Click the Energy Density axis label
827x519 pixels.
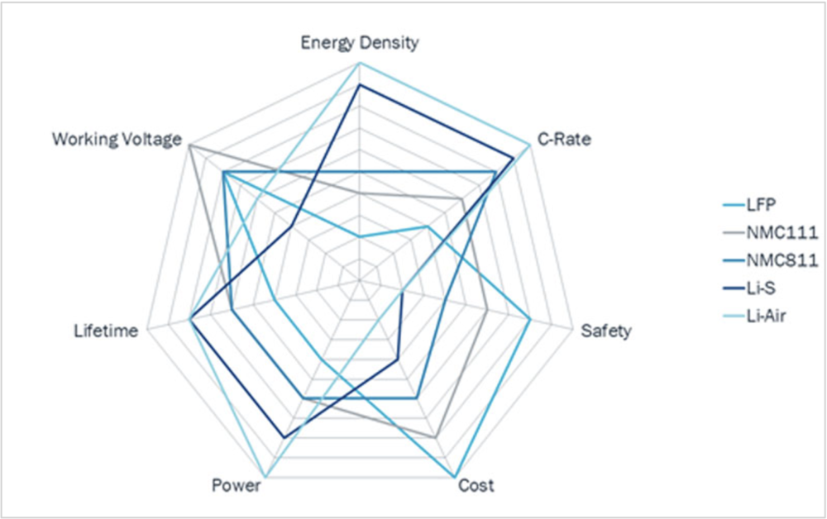point(359,43)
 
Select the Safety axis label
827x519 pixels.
point(606,331)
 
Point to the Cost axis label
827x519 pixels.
point(476,485)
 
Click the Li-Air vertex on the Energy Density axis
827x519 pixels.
point(359,63)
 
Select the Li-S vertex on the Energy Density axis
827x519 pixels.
point(359,84)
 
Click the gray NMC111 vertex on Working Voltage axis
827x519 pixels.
point(189,145)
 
